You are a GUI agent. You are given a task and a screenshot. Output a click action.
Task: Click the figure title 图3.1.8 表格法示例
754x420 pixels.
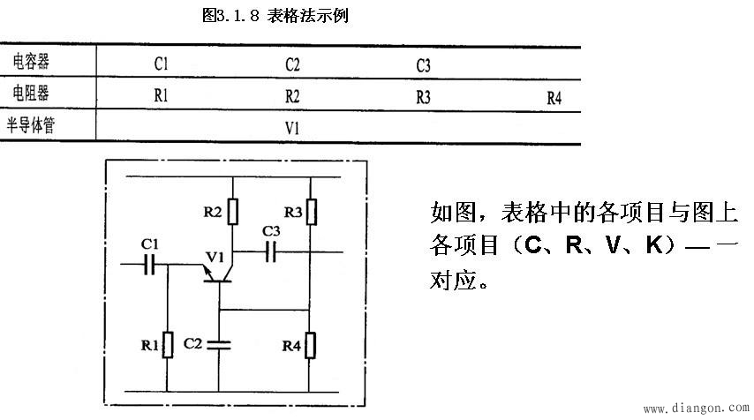275,16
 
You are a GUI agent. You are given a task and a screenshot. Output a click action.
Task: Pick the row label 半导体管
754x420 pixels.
40,124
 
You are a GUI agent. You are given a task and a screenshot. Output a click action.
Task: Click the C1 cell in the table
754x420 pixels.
161,64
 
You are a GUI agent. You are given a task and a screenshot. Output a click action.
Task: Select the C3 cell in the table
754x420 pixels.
423,65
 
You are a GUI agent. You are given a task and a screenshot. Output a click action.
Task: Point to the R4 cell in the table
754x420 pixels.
554,98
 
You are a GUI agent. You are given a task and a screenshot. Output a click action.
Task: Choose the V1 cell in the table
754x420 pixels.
292,128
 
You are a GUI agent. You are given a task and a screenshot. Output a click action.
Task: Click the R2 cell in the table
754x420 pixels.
292,96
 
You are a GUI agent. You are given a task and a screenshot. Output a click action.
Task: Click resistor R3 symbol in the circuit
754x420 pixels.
310,213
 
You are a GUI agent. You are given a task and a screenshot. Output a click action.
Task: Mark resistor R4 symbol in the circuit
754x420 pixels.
310,345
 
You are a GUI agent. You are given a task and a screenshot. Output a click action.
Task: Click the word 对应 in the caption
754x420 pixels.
450,281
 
